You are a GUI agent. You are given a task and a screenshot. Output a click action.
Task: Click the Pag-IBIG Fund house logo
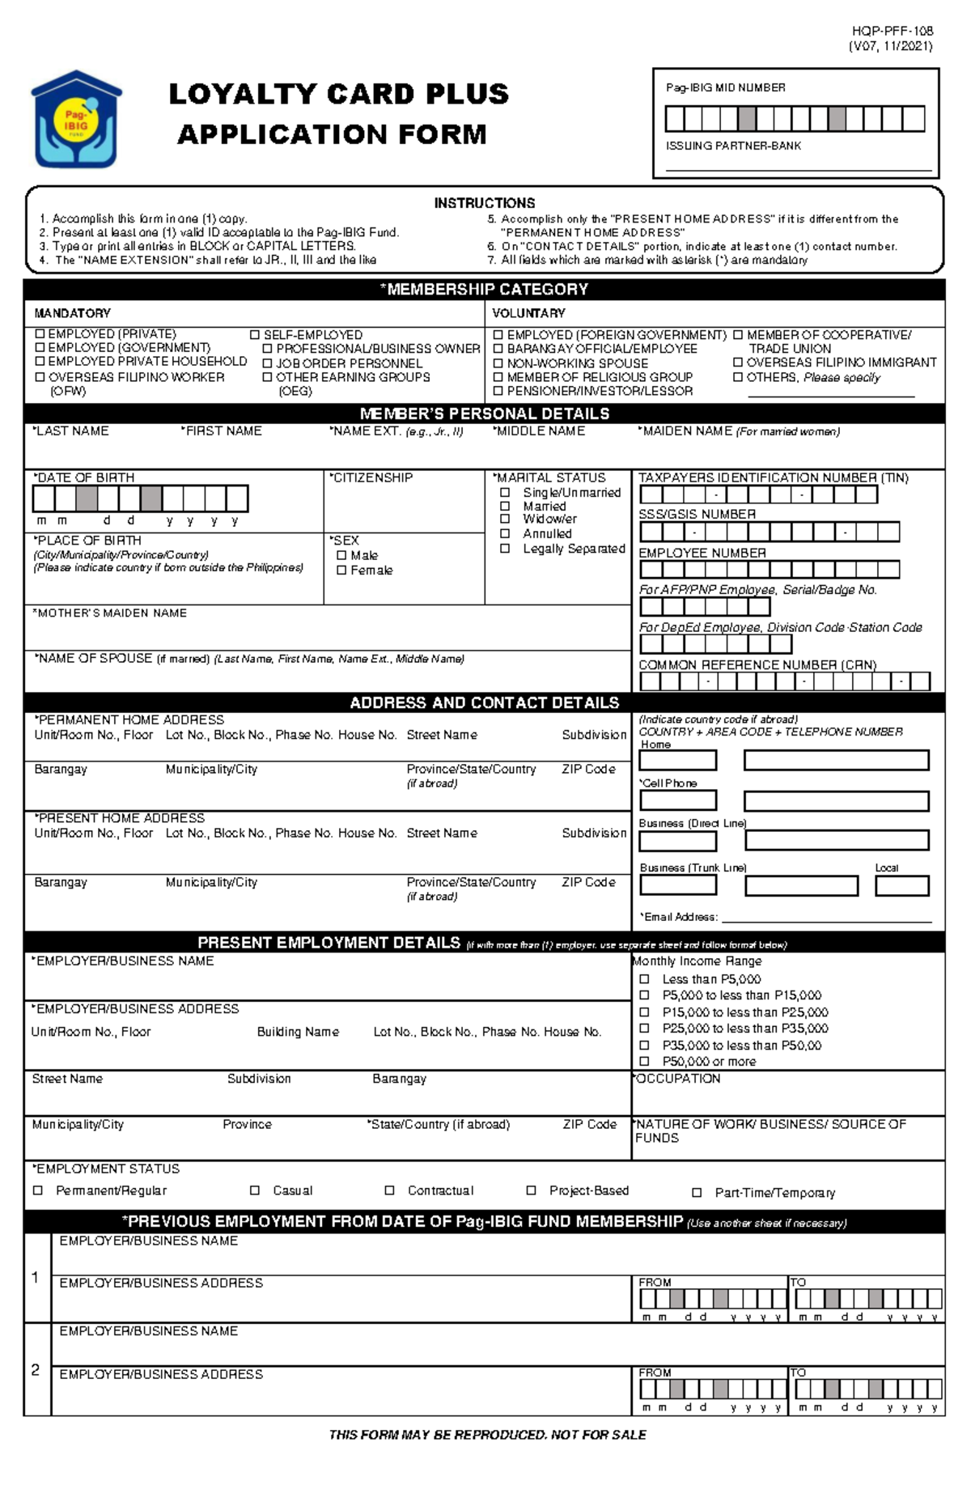[75, 120]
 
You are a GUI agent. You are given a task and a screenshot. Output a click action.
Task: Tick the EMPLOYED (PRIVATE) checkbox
[40, 333]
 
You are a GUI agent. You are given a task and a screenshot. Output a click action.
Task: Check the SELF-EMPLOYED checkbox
[255, 334]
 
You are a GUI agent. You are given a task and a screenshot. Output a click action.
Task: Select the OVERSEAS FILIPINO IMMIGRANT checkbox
[738, 363]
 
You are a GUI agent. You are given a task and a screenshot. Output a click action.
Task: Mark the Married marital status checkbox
[505, 506]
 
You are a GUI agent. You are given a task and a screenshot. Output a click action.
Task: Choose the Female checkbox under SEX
[341, 570]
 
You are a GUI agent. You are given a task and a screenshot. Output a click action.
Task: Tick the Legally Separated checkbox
[505, 548]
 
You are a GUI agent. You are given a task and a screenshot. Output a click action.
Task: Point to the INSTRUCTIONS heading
[484, 203]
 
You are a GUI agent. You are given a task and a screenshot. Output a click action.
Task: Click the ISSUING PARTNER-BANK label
[733, 146]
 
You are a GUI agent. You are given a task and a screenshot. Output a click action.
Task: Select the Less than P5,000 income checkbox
[645, 978]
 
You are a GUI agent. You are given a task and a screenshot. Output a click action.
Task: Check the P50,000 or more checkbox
[645, 1061]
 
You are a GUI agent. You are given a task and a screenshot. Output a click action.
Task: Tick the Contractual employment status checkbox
[389, 1190]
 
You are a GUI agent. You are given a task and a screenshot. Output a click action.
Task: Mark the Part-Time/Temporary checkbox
[697, 1192]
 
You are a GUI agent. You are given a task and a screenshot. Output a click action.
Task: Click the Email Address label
[679, 917]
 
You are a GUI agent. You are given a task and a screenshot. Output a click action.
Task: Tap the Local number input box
[901, 885]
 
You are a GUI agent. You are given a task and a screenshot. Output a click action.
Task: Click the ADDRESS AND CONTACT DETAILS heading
[484, 702]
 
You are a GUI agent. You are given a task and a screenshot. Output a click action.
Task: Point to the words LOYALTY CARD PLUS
[338, 94]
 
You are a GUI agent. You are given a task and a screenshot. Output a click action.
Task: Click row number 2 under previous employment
[36, 1369]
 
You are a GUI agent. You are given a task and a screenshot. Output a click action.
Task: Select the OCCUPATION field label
[677, 1079]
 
